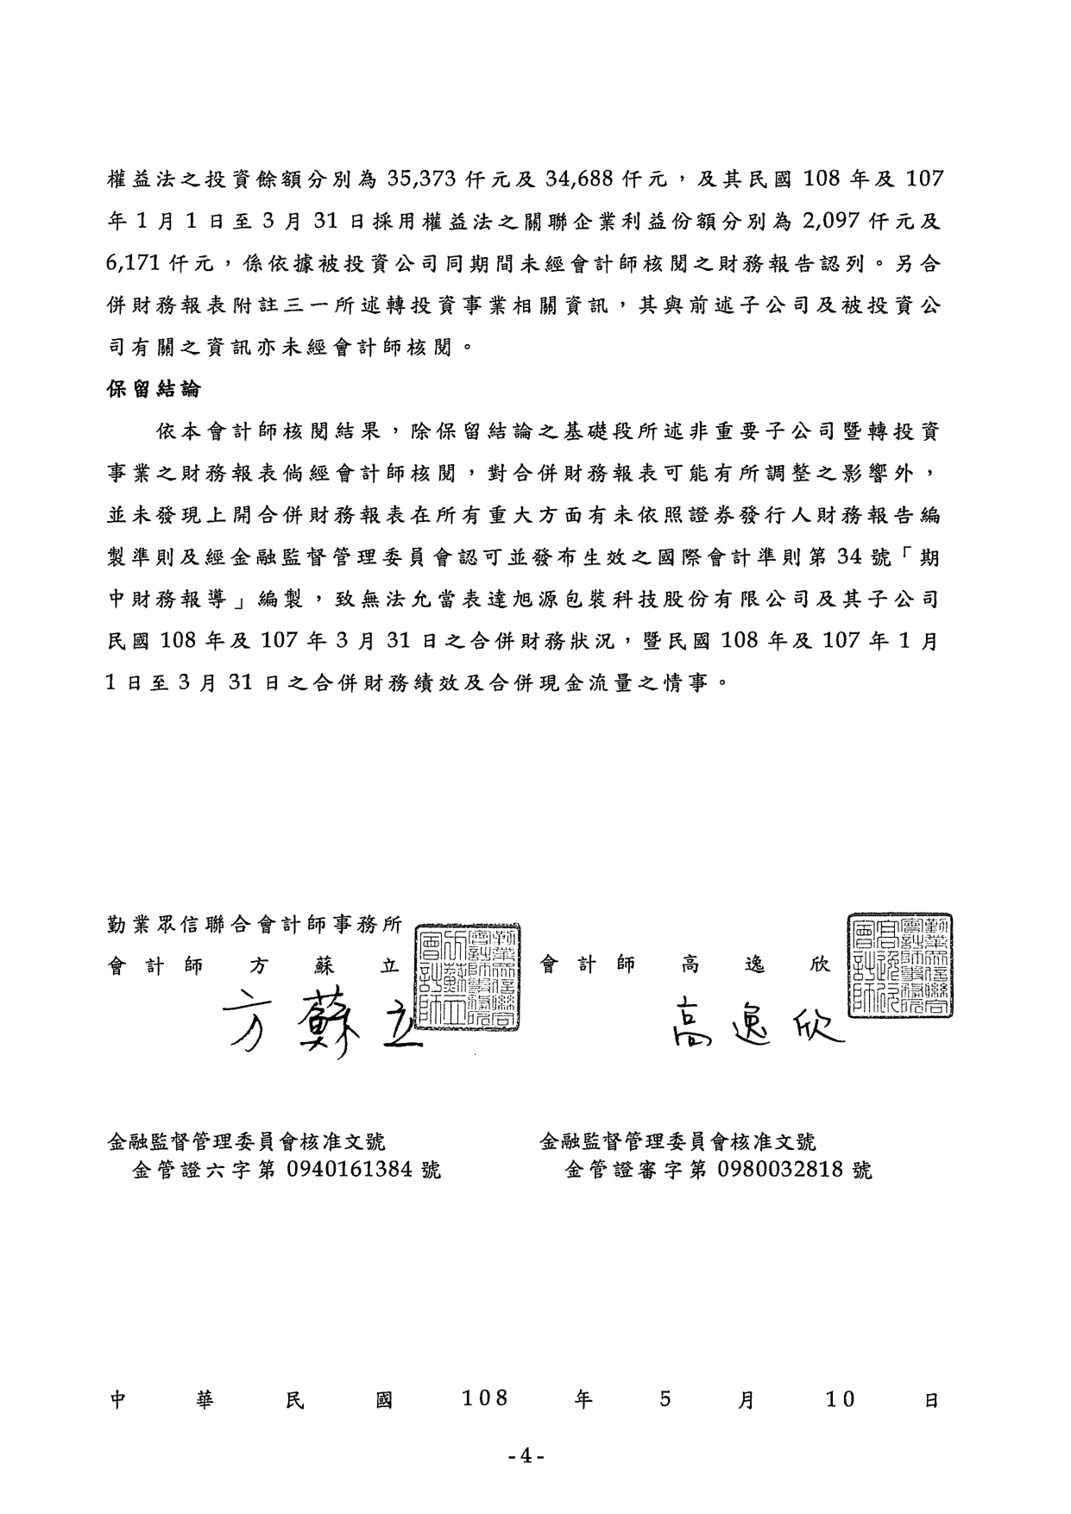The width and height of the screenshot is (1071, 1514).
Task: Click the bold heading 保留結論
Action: coord(153,389)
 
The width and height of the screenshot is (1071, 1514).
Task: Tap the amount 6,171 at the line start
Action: coord(135,264)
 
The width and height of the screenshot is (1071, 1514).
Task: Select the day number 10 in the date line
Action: coord(839,1398)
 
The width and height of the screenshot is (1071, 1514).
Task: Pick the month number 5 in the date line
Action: coord(665,1398)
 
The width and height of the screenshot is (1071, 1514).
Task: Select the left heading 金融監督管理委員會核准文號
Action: coord(246,1142)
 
